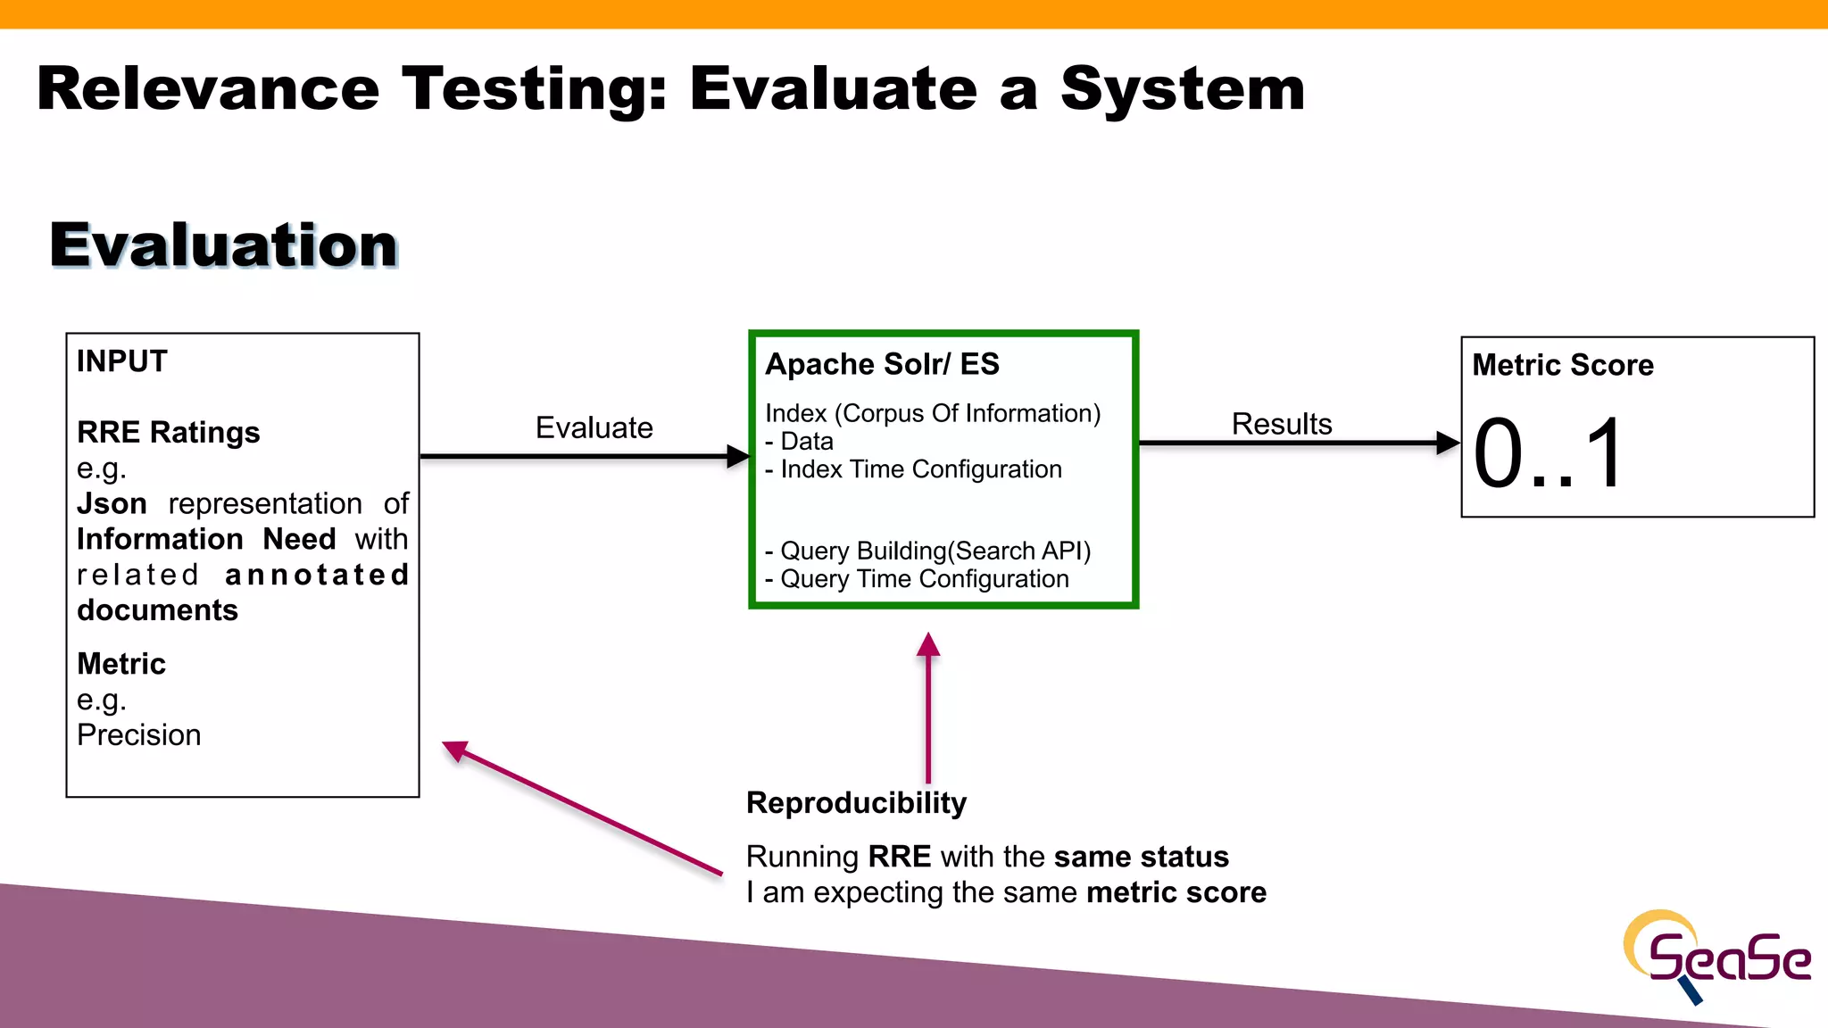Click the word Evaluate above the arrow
(594, 427)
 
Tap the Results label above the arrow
(1281, 424)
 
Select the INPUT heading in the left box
(122, 361)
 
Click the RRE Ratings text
(168, 432)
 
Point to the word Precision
(139, 735)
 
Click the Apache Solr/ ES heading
(882, 364)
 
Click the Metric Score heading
(1562, 365)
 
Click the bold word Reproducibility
(856, 803)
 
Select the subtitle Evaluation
(223, 245)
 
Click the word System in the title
(1183, 89)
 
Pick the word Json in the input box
(112, 503)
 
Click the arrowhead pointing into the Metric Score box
(1447, 443)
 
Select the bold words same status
(1141, 857)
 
